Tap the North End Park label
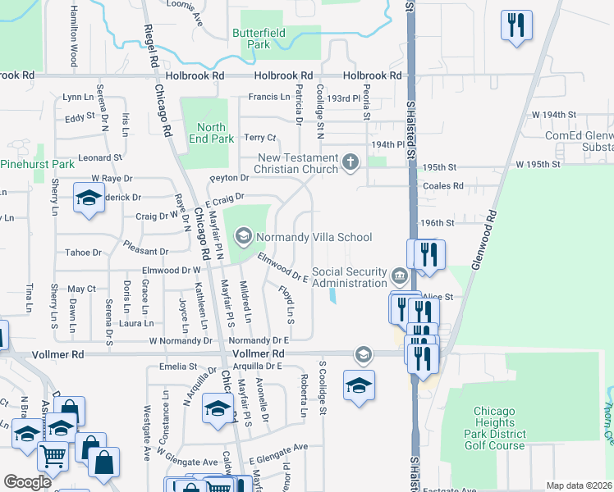[x=211, y=133]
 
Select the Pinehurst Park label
[x=38, y=164]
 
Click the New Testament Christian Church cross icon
[x=351, y=162]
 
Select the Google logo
[x=27, y=482]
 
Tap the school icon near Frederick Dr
[x=88, y=198]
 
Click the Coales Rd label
[x=442, y=186]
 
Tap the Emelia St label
[x=179, y=367]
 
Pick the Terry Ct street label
[x=259, y=138]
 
